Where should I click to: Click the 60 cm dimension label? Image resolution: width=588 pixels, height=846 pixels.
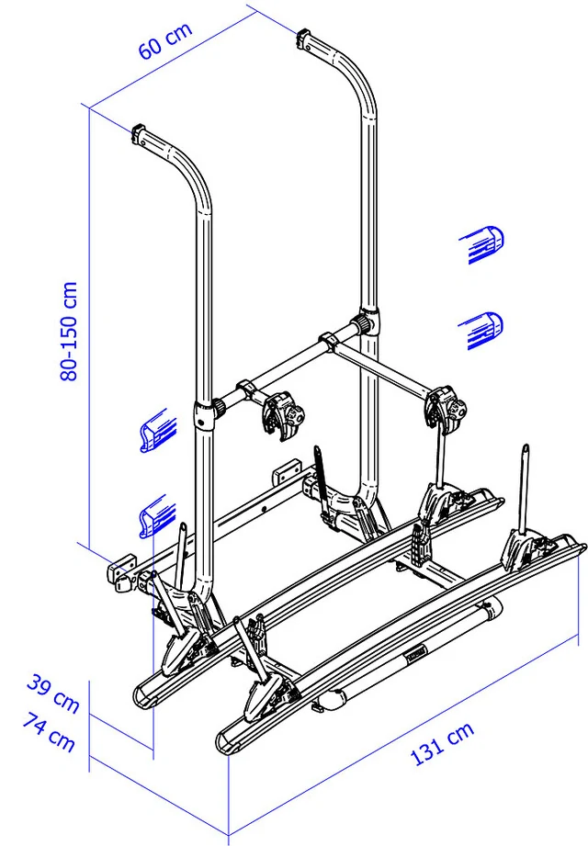click(x=165, y=40)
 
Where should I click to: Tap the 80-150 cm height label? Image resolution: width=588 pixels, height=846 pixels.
click(x=69, y=332)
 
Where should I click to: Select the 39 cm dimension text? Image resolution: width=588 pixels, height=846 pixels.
click(x=53, y=693)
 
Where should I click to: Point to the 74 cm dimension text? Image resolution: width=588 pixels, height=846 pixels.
click(x=49, y=732)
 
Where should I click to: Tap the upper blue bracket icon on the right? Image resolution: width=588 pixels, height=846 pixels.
click(x=481, y=244)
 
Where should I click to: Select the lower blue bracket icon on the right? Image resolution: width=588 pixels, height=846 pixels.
click(x=481, y=331)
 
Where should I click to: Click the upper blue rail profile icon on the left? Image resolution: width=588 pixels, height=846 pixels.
click(x=157, y=430)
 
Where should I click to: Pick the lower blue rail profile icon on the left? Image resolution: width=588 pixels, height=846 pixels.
click(x=157, y=516)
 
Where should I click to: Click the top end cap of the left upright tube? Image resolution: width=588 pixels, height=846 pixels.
click(x=139, y=132)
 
